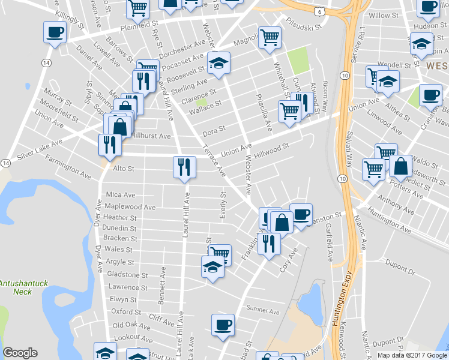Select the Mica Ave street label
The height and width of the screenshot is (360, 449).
(121, 194)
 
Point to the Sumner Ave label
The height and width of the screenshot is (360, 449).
(263, 311)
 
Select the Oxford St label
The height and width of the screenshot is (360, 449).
(126, 311)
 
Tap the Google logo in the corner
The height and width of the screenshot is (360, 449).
(20, 353)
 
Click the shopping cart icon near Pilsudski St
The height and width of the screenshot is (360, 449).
(270, 37)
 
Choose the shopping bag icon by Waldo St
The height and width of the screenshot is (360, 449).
(400, 166)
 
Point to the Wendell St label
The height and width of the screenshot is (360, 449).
(397, 64)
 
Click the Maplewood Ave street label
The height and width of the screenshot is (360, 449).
(130, 207)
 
